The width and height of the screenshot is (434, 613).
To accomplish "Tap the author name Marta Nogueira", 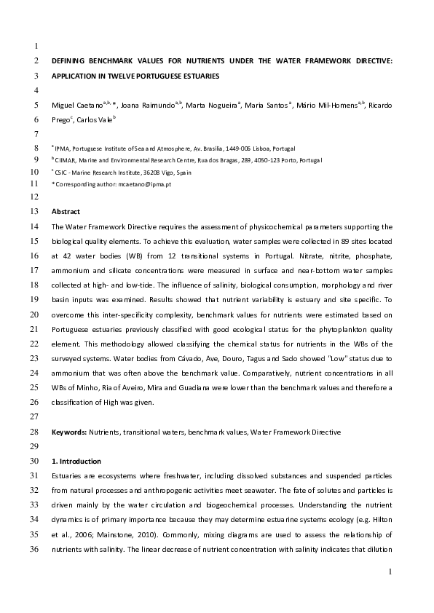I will click(x=210, y=106).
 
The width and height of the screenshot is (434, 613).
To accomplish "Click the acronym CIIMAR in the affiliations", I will click(x=67, y=159).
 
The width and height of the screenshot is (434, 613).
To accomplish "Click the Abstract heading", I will click(x=66, y=212).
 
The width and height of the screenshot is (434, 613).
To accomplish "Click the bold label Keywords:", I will click(x=69, y=432).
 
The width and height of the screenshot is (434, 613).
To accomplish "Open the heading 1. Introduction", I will click(x=76, y=461).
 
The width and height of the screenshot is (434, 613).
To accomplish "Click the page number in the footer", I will click(x=390, y=572).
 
